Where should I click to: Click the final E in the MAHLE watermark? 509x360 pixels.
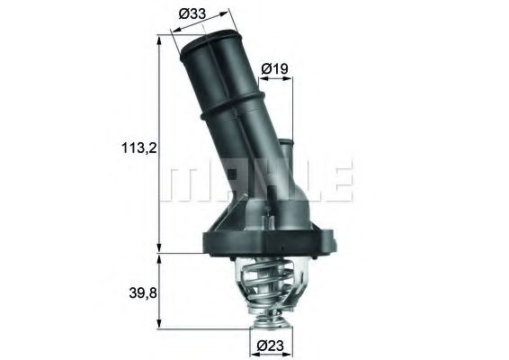point(340,181)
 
